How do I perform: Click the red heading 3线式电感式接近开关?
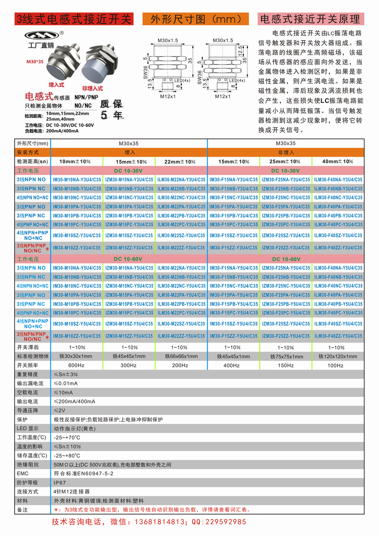click(74, 19)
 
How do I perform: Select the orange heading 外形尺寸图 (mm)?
click(196, 19)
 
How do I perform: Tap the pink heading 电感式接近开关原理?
click(310, 19)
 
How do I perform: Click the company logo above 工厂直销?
click(42, 35)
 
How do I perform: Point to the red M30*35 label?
click(35, 61)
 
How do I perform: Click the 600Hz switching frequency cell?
click(76, 365)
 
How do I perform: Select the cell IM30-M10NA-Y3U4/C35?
click(77, 180)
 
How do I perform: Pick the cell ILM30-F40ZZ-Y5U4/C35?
click(338, 336)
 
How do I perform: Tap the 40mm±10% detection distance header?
click(338, 161)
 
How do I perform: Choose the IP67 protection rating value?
click(60, 483)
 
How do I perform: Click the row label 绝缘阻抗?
click(28, 465)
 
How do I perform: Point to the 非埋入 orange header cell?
click(286, 152)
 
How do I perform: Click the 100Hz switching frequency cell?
click(335, 366)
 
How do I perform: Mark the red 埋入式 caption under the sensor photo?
click(56, 85)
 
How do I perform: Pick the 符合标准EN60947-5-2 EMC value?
click(83, 474)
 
